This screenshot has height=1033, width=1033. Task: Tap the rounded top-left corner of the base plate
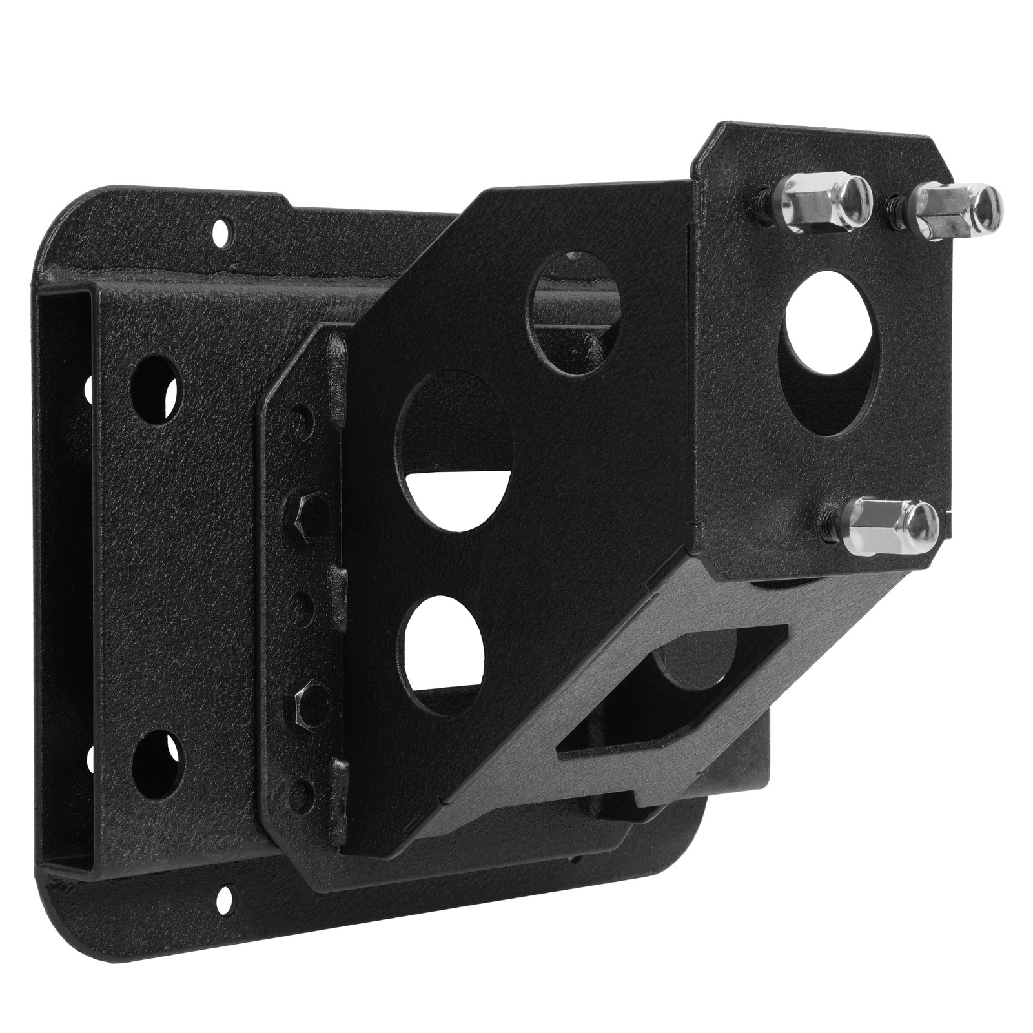tap(61, 213)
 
